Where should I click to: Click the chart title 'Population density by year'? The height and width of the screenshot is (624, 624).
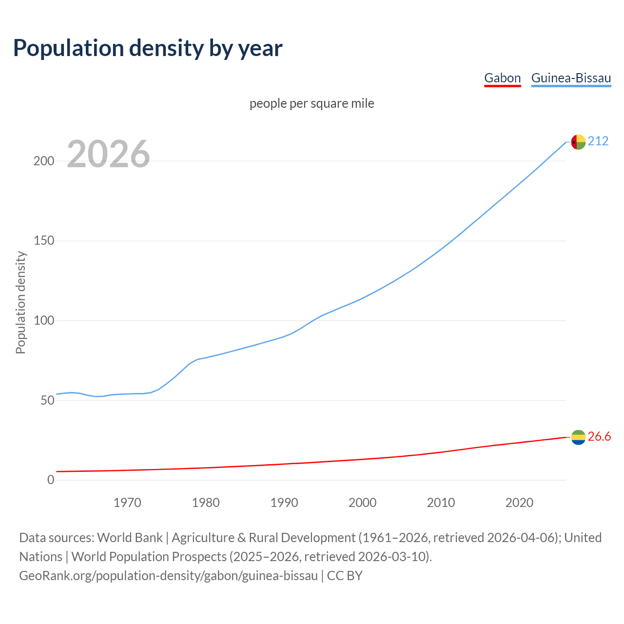[148, 48]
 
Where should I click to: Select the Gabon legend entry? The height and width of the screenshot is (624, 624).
[502, 78]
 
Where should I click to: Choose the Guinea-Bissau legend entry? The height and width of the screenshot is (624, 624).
[571, 78]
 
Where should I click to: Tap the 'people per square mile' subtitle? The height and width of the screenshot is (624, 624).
[312, 104]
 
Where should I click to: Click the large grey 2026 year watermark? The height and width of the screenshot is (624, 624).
[108, 154]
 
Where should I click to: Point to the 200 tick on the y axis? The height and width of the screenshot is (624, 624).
[43, 161]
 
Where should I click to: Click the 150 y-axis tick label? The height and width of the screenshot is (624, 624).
[43, 241]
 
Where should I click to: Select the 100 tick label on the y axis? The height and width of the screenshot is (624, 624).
[43, 321]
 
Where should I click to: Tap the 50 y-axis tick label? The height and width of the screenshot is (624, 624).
[47, 400]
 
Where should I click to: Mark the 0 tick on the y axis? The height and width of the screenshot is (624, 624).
[51, 480]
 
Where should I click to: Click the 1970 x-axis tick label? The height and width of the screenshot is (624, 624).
[127, 503]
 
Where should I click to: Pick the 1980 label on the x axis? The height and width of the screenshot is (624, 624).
[206, 503]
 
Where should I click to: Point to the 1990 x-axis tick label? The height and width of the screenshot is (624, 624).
[284, 503]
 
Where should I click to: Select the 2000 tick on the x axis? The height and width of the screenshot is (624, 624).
[362, 503]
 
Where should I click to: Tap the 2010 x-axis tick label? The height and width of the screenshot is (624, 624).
[441, 503]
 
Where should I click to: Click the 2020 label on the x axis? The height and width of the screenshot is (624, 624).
[519, 503]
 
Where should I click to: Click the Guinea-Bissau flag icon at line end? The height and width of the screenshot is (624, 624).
[578, 142]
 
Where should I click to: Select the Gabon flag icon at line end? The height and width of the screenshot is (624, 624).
[578, 437]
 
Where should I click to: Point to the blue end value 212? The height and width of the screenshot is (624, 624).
[598, 141]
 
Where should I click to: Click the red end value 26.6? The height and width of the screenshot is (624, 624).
[599, 437]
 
